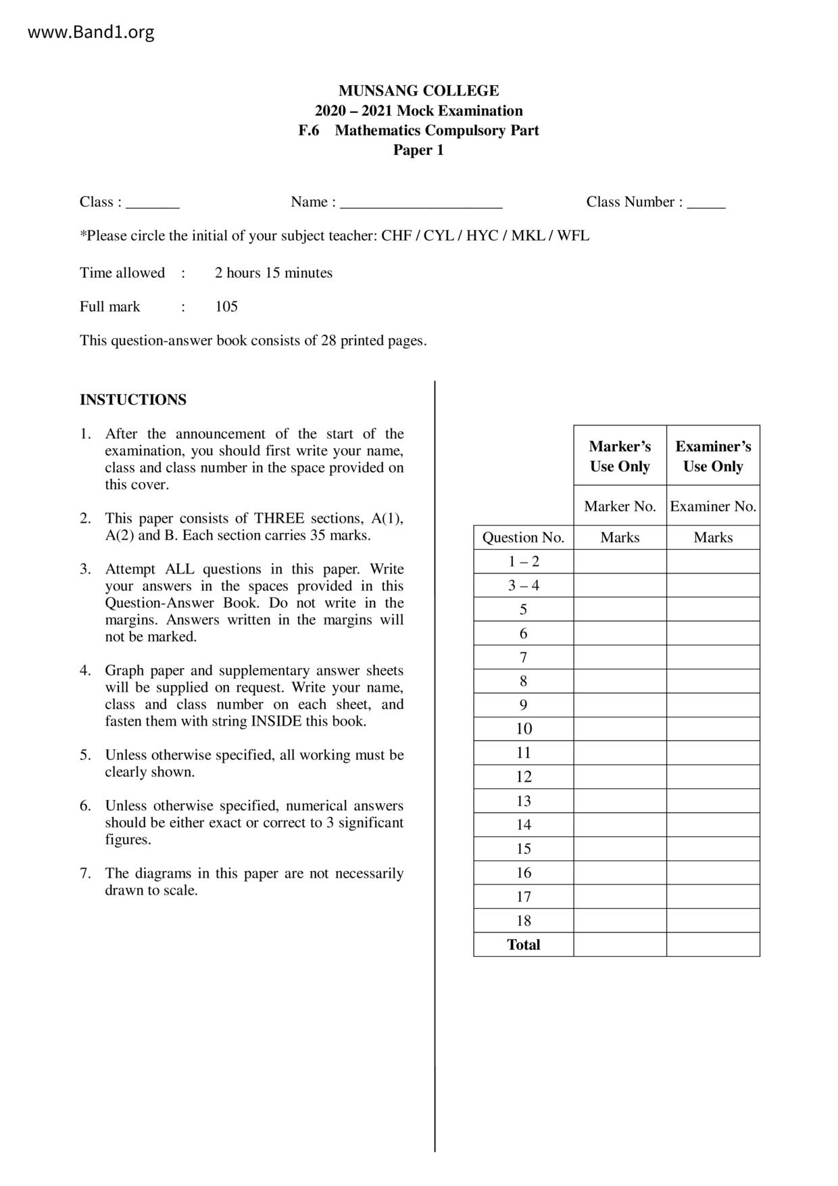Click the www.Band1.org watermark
(x=91, y=32)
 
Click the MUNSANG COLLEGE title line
(x=418, y=91)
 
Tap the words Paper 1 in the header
(x=418, y=150)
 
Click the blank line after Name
(x=421, y=204)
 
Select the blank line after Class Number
(x=706, y=204)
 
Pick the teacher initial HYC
(x=482, y=236)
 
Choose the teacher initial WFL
(x=573, y=236)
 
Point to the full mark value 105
(x=226, y=307)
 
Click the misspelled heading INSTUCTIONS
(x=133, y=400)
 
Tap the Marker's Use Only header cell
(x=620, y=456)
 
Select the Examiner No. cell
(x=713, y=506)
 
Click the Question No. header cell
(x=523, y=538)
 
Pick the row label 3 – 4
(x=524, y=586)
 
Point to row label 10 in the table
(x=524, y=729)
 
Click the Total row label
(x=524, y=945)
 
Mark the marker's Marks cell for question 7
(x=620, y=657)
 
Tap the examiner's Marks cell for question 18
(x=713, y=920)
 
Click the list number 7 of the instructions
(x=84, y=874)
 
